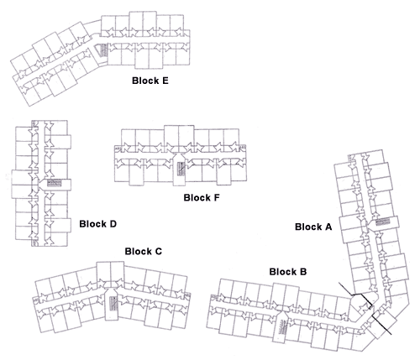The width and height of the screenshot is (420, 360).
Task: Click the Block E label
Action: [x=150, y=81]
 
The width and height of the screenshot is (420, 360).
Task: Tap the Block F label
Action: [x=202, y=197]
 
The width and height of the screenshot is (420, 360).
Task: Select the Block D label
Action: [x=97, y=224]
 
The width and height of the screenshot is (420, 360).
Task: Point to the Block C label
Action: [x=144, y=251]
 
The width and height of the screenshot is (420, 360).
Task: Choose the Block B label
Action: [x=288, y=272]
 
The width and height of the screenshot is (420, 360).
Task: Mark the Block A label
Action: [x=313, y=227]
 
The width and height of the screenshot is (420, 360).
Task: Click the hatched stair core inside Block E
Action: [x=104, y=50]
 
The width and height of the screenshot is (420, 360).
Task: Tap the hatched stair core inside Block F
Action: [x=181, y=169]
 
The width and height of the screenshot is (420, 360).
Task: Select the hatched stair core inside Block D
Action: [x=54, y=183]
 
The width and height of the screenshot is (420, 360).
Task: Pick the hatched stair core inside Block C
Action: [x=113, y=304]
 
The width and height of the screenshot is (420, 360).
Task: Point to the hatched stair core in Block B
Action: [x=283, y=326]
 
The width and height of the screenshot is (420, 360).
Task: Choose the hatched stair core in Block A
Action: [x=383, y=222]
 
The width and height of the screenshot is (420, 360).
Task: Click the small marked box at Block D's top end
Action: [x=34, y=123]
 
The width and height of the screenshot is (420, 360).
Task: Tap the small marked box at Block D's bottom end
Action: [x=34, y=243]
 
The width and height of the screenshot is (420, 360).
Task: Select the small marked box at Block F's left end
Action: [x=118, y=149]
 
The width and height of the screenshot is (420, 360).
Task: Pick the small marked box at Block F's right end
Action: [x=244, y=148]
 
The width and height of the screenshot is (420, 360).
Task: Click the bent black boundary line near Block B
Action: [x=354, y=294]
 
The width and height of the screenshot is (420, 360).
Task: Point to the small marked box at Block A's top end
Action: [x=350, y=159]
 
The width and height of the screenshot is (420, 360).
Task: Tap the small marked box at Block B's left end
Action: [x=213, y=297]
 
